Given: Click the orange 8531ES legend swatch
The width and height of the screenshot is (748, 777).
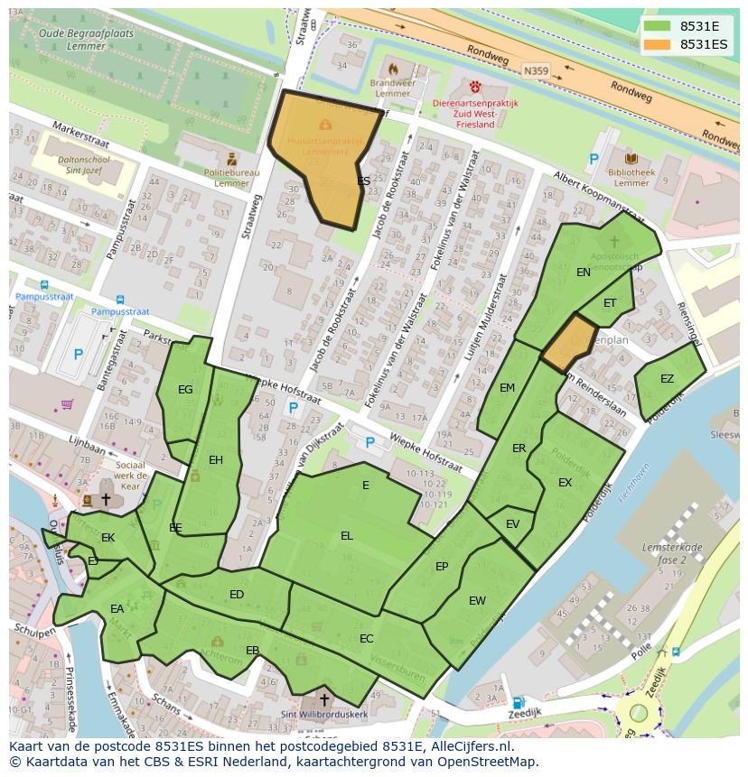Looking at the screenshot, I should click(x=657, y=44).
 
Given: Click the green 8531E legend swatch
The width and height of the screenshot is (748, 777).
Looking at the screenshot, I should click(x=657, y=25).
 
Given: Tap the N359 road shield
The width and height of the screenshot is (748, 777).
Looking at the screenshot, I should click(x=535, y=68).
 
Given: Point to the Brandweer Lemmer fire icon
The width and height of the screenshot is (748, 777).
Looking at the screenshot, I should click(x=392, y=69).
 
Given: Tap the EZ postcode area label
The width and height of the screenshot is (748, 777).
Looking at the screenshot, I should click(x=667, y=379).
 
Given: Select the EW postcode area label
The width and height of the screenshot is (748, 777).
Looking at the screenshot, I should click(x=477, y=601).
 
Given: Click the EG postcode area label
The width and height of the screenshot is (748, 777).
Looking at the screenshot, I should click(x=185, y=390).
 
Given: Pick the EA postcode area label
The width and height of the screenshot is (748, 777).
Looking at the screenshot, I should click(x=117, y=609).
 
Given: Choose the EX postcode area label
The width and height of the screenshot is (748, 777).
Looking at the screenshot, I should click(x=565, y=483).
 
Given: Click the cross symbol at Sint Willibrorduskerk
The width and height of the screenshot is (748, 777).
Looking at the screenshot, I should click(x=324, y=699).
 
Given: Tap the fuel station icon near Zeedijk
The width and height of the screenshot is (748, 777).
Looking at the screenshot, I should click(x=518, y=703).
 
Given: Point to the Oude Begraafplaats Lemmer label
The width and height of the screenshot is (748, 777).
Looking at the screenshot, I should click(x=86, y=39).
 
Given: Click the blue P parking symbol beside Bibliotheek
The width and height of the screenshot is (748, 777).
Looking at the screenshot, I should click(x=594, y=160).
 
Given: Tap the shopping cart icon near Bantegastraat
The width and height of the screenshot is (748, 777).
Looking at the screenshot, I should click(x=66, y=403).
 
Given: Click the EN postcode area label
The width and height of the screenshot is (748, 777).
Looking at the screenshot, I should click(x=584, y=272).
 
